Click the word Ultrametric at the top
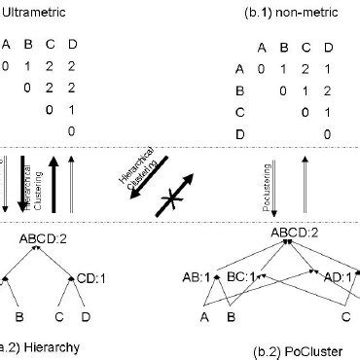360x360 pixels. pyautogui.click(x=30, y=14)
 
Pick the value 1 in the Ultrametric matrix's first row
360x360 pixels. pyautogui.click(x=29, y=66)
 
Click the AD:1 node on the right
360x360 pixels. pyautogui.click(x=338, y=275)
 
